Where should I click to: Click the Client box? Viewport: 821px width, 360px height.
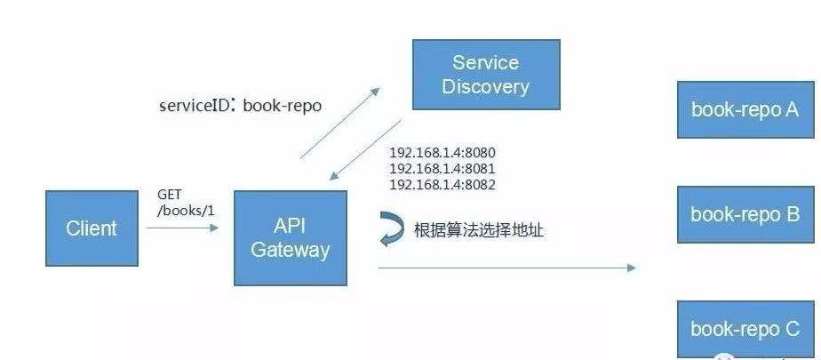coord(92,228)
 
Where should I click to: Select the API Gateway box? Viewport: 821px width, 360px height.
coord(291,237)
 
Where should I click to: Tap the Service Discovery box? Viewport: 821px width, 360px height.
coord(485,75)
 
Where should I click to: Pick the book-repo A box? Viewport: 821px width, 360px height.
coord(745,109)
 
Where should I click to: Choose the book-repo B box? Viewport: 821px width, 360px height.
coord(745,214)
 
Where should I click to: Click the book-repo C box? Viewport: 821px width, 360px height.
coord(745,328)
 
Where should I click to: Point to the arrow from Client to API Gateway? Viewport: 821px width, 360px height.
coord(182,228)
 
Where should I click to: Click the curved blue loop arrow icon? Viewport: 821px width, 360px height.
coord(390,230)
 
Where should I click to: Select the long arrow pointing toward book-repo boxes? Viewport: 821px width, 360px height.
coord(506,267)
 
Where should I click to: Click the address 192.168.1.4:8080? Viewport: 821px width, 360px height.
coord(442,152)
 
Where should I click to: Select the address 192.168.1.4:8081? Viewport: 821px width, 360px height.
coord(442,168)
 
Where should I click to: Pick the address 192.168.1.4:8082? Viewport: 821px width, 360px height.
coord(442,185)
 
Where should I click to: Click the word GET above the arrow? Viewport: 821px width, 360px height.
coord(170,194)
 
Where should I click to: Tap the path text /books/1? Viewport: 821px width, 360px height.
coord(179,210)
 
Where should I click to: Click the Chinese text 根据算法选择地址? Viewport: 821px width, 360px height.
coord(479,231)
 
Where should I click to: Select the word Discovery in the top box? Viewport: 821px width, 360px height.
coord(485,87)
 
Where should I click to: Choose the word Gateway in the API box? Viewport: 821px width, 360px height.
coord(291,250)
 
